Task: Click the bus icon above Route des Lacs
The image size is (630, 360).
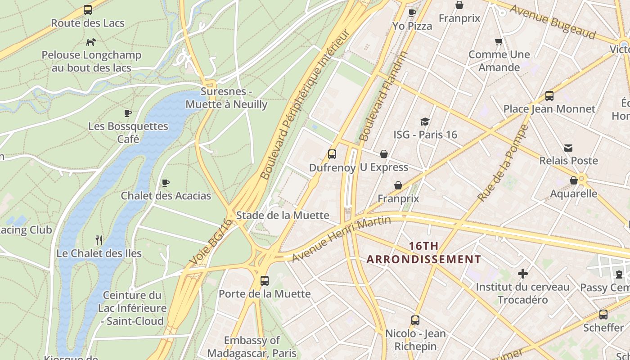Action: coord(88,10)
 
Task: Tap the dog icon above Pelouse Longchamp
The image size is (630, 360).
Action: coord(91,42)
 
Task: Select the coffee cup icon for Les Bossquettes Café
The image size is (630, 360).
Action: coord(128,113)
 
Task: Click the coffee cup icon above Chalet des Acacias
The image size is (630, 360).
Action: coord(166,183)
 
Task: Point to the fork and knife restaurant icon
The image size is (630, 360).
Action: coord(99,240)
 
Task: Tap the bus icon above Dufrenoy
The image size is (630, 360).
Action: coord(332,154)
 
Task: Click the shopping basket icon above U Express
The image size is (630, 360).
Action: coord(384,154)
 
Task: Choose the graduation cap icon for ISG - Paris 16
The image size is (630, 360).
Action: coord(425,121)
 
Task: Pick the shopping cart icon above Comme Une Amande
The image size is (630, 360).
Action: coord(499,42)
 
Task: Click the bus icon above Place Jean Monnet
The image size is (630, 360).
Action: coord(549,96)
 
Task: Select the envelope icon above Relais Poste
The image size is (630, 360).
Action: coord(568,148)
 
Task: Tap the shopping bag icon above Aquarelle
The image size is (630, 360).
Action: coord(574,180)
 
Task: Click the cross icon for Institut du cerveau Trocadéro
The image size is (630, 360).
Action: coord(522,274)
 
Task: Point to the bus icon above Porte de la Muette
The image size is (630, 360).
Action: coord(265,281)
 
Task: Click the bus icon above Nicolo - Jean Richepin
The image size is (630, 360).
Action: coord(415,320)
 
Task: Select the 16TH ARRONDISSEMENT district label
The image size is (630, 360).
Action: coord(423,252)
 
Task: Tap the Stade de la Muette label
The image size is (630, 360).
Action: coord(283,215)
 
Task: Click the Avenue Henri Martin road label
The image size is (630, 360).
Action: coord(341,239)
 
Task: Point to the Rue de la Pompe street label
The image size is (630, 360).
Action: coord(503,163)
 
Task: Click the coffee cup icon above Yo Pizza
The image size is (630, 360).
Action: coord(412,13)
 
